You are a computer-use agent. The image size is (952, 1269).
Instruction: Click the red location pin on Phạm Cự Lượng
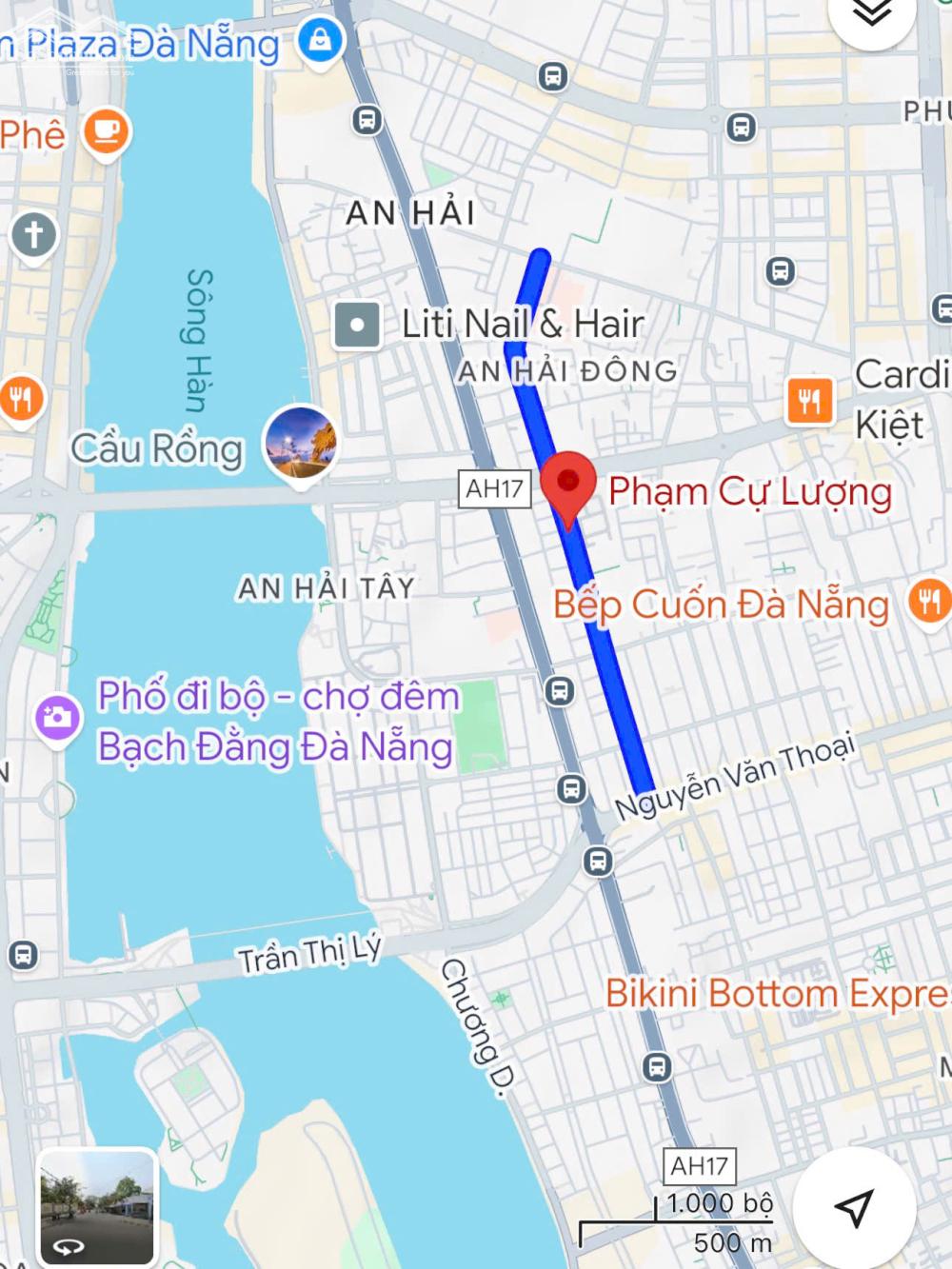coord(567,483)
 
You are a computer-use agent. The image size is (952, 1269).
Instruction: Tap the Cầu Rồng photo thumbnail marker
coord(301,445)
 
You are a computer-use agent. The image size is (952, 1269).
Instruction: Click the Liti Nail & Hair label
coord(523,324)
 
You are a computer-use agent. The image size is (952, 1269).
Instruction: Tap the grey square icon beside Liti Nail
coord(357,325)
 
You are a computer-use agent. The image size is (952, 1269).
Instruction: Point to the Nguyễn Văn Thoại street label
coord(734,776)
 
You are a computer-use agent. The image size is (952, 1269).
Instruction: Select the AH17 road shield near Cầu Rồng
coord(494,488)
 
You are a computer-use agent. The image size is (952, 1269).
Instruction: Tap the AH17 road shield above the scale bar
coord(700,1165)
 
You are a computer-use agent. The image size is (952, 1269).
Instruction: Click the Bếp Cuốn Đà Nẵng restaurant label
coord(721,605)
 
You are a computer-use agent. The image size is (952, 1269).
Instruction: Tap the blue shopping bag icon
coord(320,41)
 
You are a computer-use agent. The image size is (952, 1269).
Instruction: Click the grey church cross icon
coord(33,234)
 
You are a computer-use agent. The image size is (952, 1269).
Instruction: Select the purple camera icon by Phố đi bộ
coord(58,717)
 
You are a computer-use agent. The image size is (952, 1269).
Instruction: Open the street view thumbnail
coord(96,1207)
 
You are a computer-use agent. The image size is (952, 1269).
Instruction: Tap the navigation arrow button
coord(854,1207)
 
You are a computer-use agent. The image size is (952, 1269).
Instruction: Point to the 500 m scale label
coord(732,1242)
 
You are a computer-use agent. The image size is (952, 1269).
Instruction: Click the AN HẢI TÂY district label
coord(326,588)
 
